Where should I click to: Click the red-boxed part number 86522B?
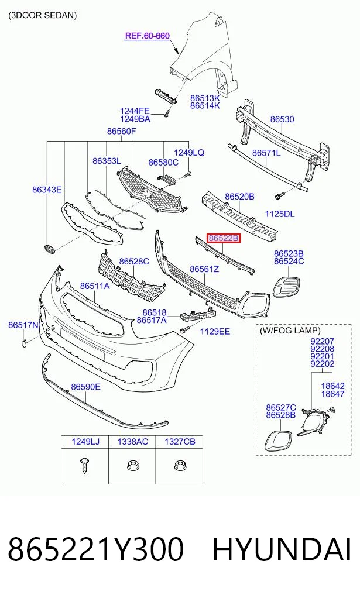coord(224,238)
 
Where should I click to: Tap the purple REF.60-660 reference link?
coord(148,36)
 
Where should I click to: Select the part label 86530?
coord(282,119)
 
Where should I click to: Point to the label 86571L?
coord(266,153)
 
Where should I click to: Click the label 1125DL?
coord(279,214)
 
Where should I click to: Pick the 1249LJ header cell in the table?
coord(85,442)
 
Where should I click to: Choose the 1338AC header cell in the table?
coord(132,442)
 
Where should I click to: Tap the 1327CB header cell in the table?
coord(180,442)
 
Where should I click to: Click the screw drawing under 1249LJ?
coord(84,465)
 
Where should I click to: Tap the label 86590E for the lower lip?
coord(86,387)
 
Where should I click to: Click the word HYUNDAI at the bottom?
coord(282,549)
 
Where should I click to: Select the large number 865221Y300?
coord(95,549)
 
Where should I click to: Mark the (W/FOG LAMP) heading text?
coord(290,331)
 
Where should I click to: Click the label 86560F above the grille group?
coord(122,131)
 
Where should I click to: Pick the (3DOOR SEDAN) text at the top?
coord(43,15)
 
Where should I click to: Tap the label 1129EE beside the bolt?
coord(215,332)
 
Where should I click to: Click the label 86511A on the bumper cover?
coord(95,286)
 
